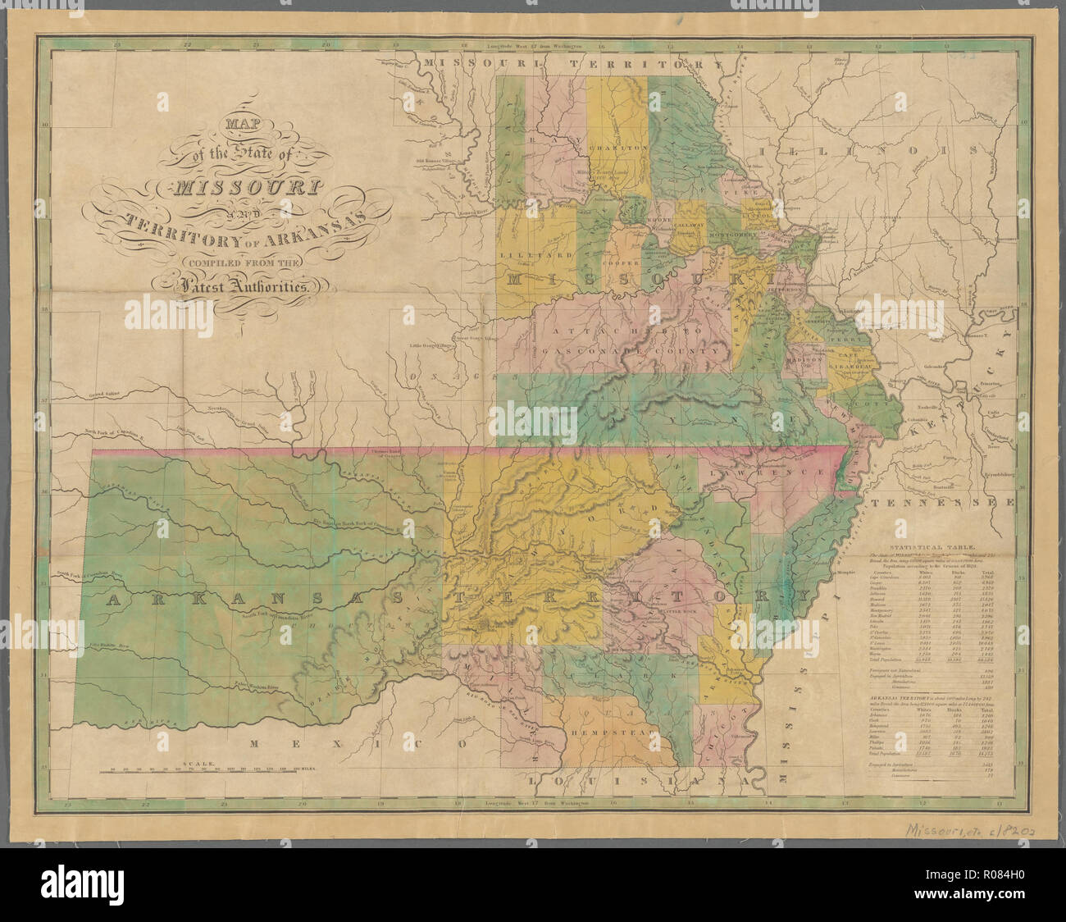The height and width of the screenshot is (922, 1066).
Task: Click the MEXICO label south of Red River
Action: (358, 744)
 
